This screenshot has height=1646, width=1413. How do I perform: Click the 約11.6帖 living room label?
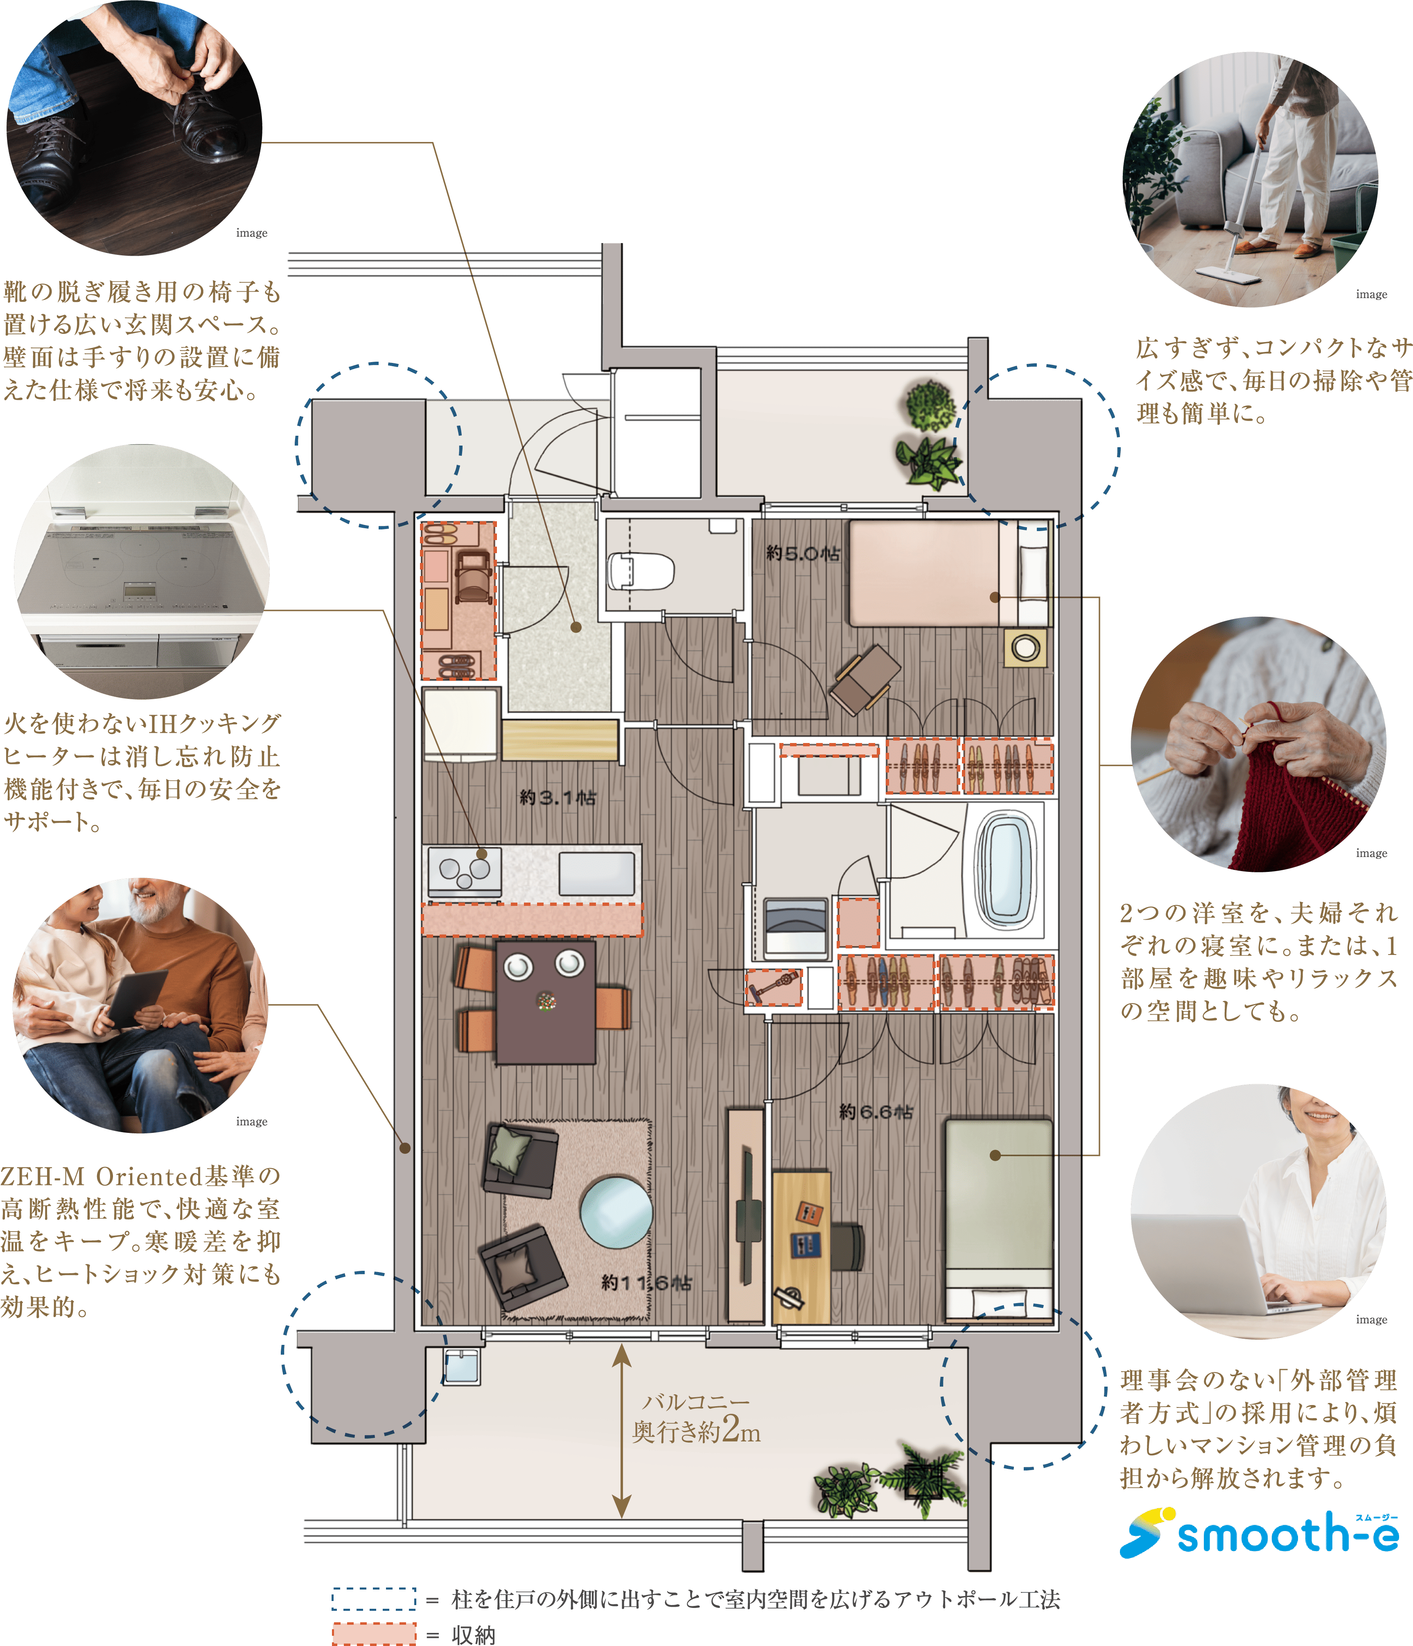(646, 1282)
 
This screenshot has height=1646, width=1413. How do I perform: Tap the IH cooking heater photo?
(142, 571)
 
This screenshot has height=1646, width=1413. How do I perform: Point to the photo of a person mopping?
(1250, 180)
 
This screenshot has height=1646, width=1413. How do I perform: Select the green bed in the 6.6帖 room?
(999, 1219)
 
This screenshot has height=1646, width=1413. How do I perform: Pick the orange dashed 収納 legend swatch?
(374, 1633)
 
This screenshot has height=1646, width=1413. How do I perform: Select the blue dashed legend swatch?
(374, 1599)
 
